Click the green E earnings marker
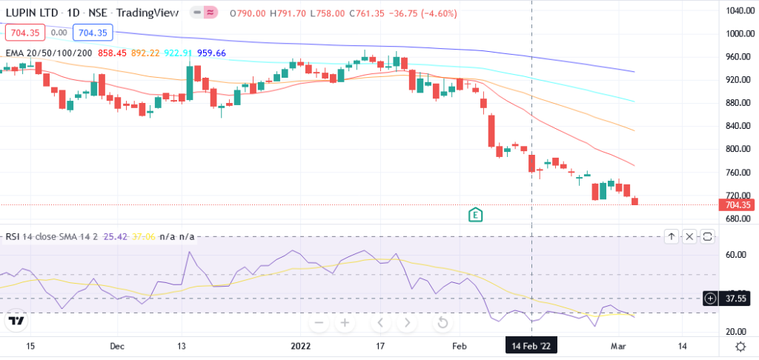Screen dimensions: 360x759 click(476, 215)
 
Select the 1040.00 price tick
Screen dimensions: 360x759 click(740, 10)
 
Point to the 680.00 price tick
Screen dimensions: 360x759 click(740, 219)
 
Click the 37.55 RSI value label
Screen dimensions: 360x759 click(735, 299)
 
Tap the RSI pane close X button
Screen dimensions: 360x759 click(689, 236)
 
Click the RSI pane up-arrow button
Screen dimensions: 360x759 click(671, 236)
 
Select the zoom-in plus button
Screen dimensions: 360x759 click(345, 323)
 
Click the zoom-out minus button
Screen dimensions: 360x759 click(319, 323)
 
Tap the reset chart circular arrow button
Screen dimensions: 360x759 click(443, 323)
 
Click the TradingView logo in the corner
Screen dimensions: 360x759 click(16, 321)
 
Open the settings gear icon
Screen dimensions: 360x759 click(740, 346)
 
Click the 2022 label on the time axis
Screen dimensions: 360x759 click(300, 346)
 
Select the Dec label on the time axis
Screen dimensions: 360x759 click(117, 346)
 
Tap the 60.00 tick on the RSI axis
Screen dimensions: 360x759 click(736, 254)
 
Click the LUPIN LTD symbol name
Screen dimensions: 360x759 click(32, 13)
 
